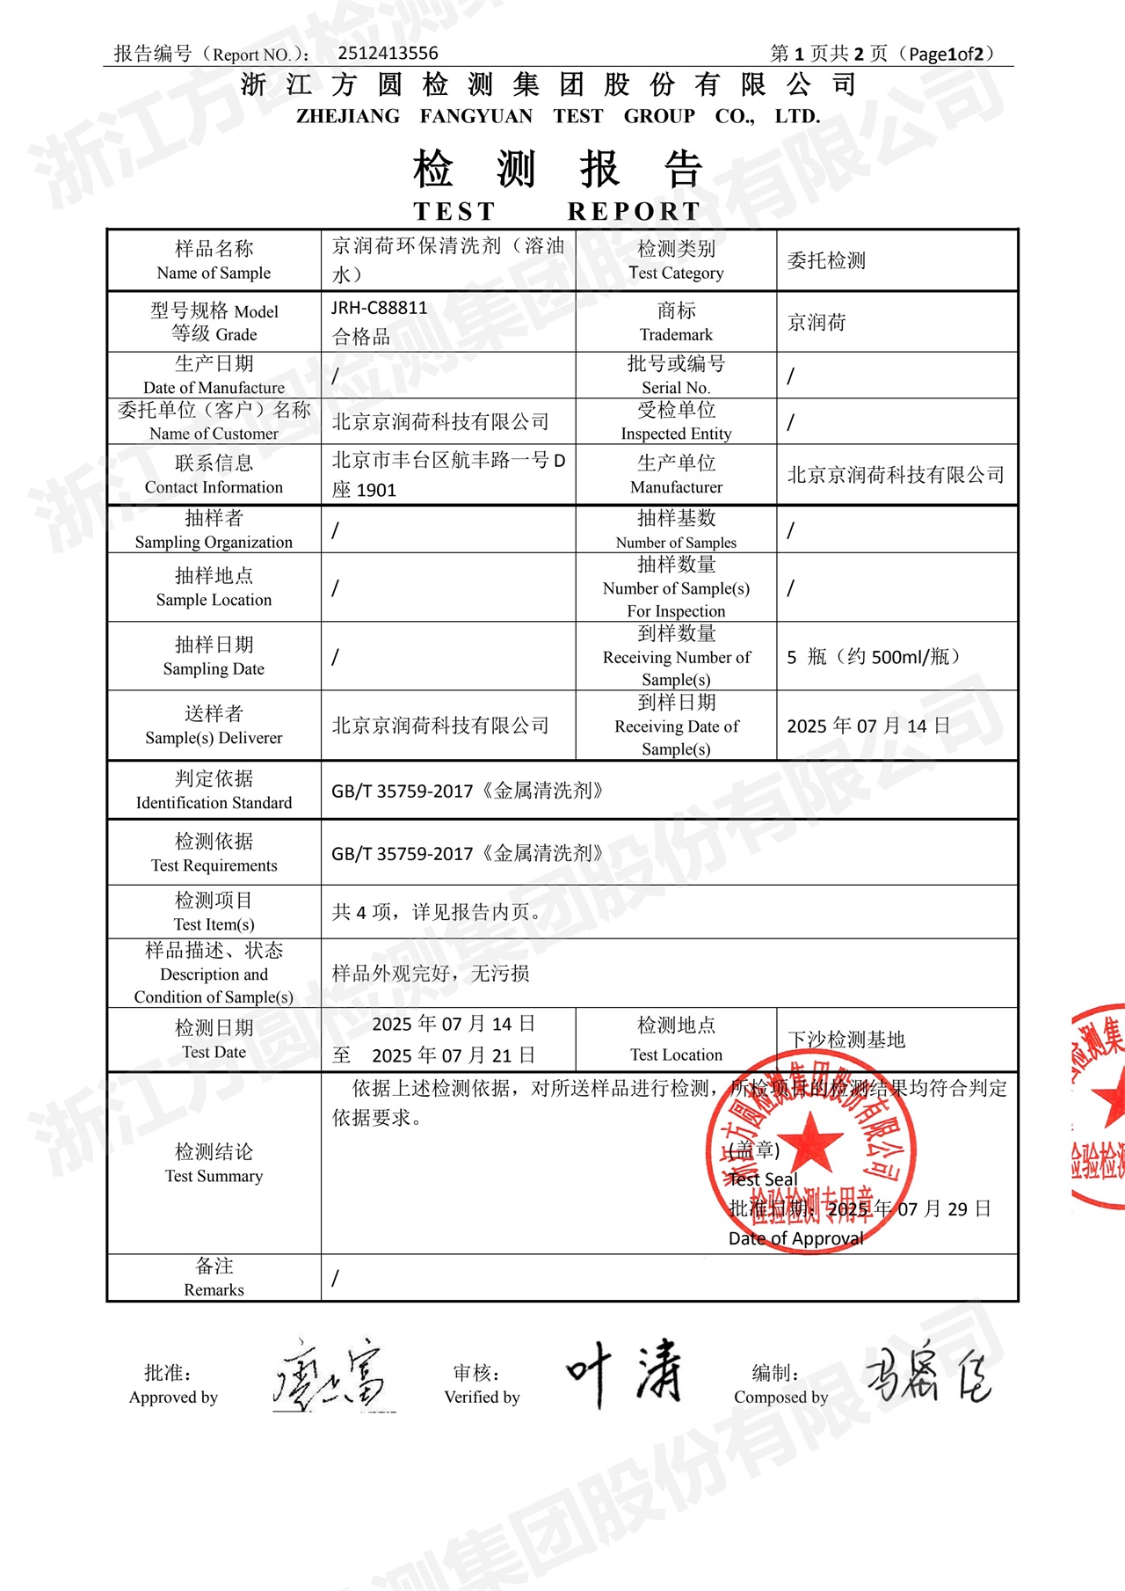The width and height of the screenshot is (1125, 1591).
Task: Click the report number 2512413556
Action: pos(388,54)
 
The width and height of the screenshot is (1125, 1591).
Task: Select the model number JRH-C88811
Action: pos(379,308)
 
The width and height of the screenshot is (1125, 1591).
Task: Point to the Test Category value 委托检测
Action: pos(826,260)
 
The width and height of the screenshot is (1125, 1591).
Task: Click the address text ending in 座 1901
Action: pos(364,490)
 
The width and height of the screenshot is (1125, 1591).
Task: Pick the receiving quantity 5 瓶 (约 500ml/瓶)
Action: pos(873,657)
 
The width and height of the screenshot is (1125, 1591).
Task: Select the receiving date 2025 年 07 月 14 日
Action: pos(867,726)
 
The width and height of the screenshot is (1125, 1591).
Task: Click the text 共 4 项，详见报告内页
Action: pos(436,912)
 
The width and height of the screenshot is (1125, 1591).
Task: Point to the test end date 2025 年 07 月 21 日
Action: pos(454,1055)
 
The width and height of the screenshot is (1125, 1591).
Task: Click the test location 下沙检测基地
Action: pos(846,1040)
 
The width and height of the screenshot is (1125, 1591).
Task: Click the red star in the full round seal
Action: pos(810,1141)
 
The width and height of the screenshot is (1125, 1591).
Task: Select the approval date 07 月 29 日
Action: pos(944,1208)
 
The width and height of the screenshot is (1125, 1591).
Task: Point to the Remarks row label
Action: pos(214,1277)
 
